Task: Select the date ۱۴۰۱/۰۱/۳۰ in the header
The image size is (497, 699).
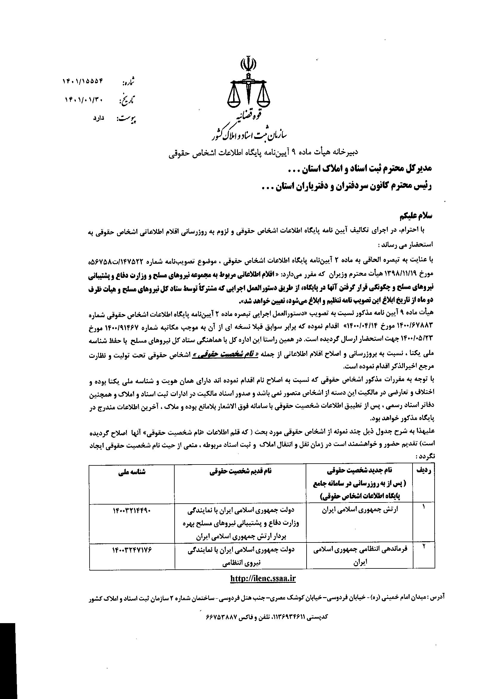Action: coord(85,99)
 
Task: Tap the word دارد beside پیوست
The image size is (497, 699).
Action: coord(99,118)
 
